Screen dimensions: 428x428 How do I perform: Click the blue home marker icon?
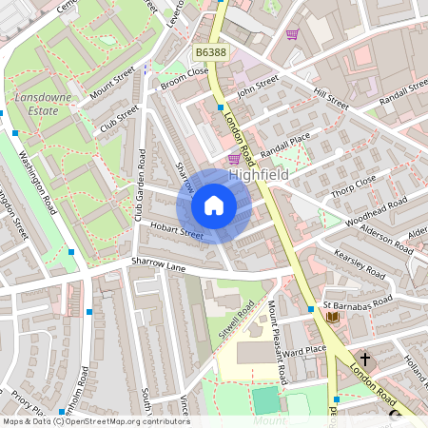click(214, 205)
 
